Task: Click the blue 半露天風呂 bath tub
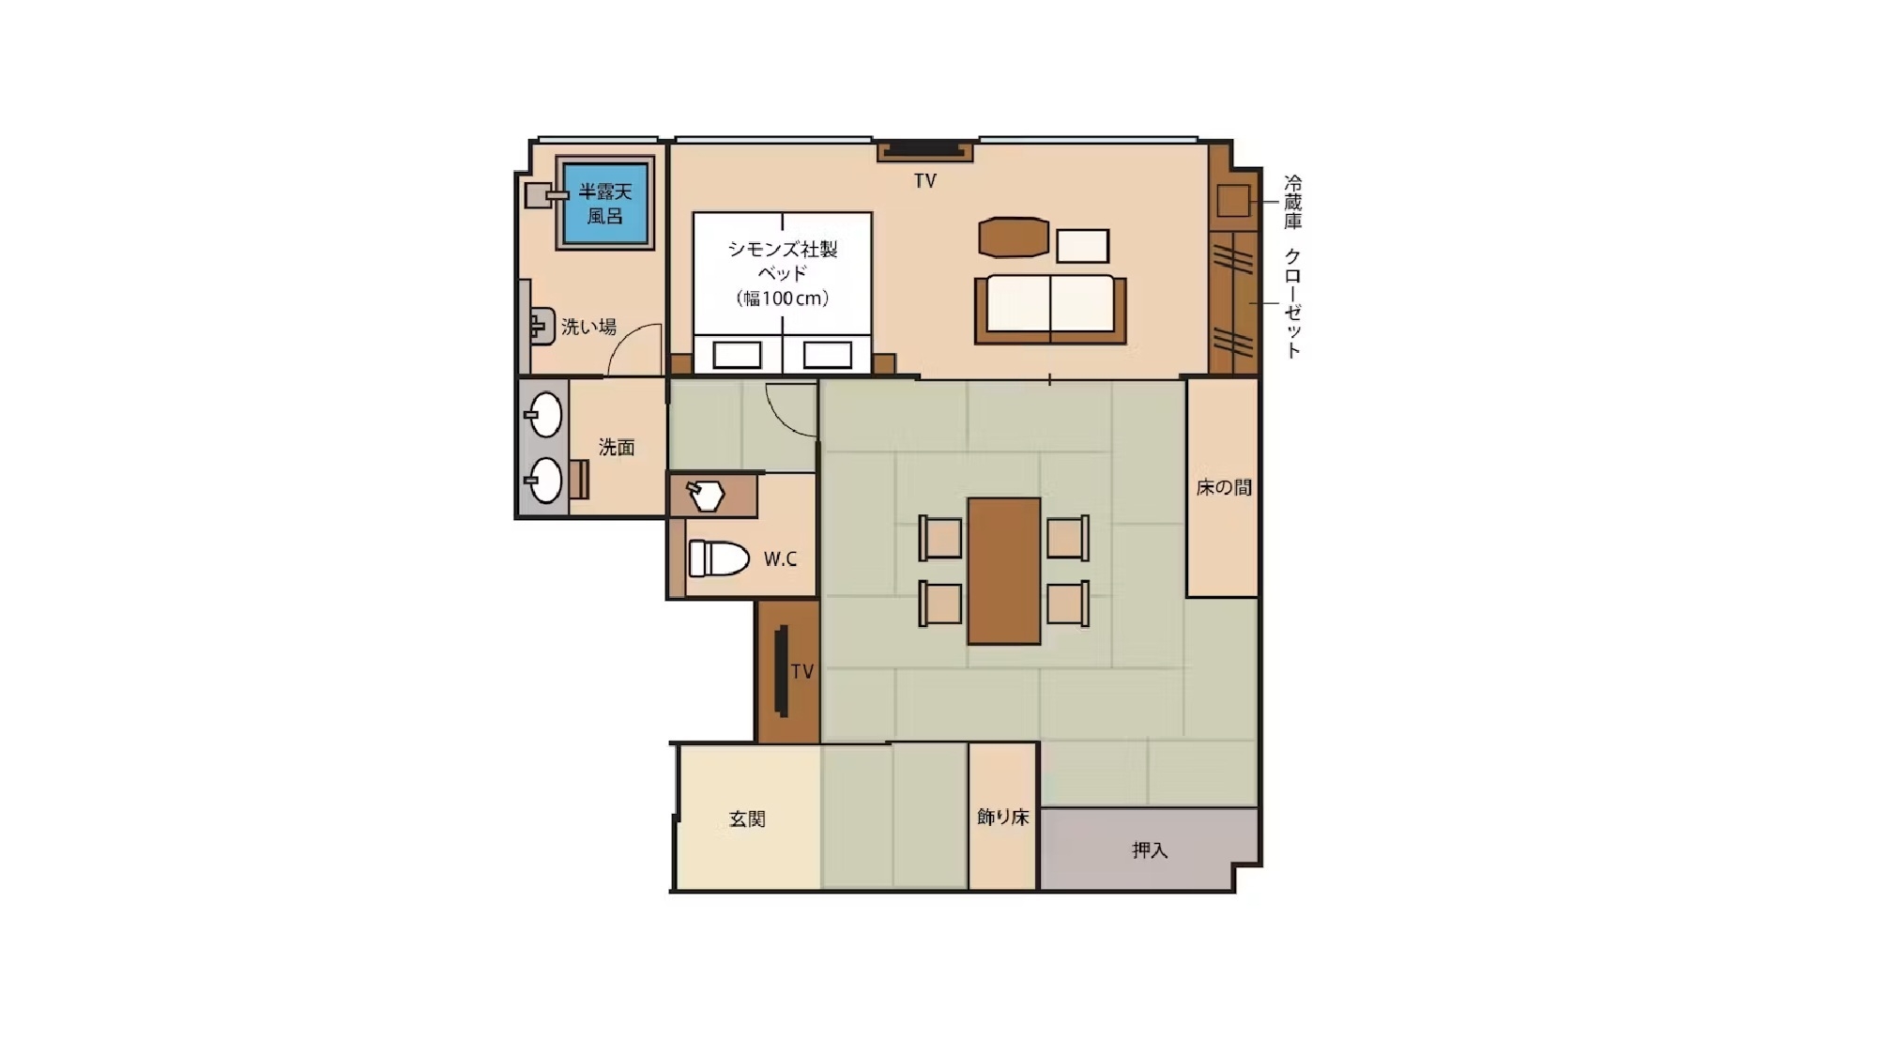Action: click(605, 203)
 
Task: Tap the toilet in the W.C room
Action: click(719, 559)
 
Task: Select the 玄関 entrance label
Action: click(747, 819)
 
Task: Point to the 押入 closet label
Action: click(1150, 850)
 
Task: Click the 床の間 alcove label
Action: click(1224, 487)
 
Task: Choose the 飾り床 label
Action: click(1003, 817)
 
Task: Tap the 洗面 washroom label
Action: click(617, 448)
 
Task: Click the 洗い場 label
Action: click(588, 327)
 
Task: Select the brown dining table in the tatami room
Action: click(1004, 571)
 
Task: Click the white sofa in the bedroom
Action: click(1050, 309)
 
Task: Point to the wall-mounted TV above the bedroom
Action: click(925, 150)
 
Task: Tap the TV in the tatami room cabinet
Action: click(781, 670)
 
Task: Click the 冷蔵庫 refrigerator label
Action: click(1293, 202)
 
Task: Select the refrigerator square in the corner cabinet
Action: click(1233, 201)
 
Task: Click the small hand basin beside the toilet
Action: click(705, 496)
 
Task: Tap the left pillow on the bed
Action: click(737, 355)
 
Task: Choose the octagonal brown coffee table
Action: click(1014, 237)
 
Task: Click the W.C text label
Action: click(780, 559)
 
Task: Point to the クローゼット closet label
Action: click(1293, 302)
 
